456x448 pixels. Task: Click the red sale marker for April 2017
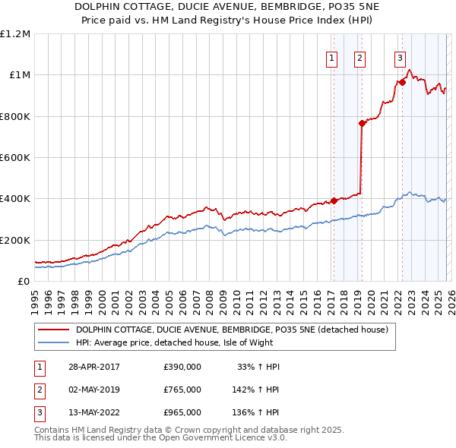[334, 201]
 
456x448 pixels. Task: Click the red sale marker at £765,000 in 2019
[362, 124]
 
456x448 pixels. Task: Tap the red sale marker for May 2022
[402, 82]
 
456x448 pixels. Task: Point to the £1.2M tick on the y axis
[15, 34]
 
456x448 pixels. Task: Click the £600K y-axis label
[15, 158]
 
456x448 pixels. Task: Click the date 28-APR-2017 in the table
[94, 367]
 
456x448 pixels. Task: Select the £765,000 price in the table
[182, 390]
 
